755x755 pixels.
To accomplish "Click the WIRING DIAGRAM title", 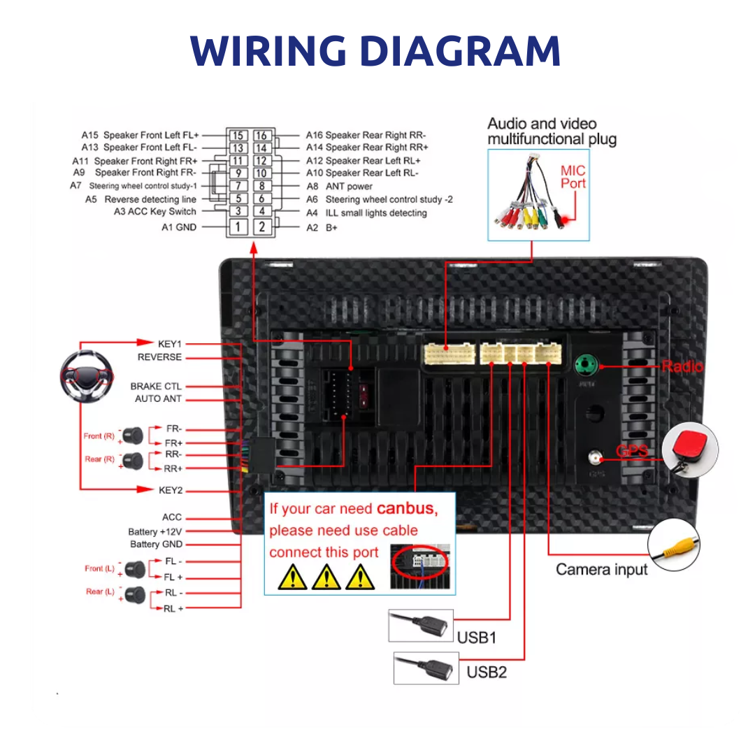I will pyautogui.click(x=375, y=51).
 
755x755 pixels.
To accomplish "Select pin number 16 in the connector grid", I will pyautogui.click(x=261, y=136).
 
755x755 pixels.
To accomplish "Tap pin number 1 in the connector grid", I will pyautogui.click(x=238, y=227).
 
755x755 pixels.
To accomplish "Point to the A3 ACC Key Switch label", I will pyautogui.click(x=155, y=212).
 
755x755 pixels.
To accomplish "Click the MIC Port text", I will pyautogui.click(x=573, y=177).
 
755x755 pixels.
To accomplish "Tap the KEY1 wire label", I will pyautogui.click(x=169, y=344).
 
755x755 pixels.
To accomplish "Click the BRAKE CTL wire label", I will pyautogui.click(x=155, y=386).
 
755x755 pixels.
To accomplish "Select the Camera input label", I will pyautogui.click(x=601, y=570).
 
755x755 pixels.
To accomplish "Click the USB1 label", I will pyautogui.click(x=476, y=638).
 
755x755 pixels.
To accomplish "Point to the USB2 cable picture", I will pyautogui.click(x=426, y=668).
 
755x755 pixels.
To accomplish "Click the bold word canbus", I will pyautogui.click(x=407, y=509).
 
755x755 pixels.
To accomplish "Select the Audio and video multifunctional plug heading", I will pyautogui.click(x=552, y=131).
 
